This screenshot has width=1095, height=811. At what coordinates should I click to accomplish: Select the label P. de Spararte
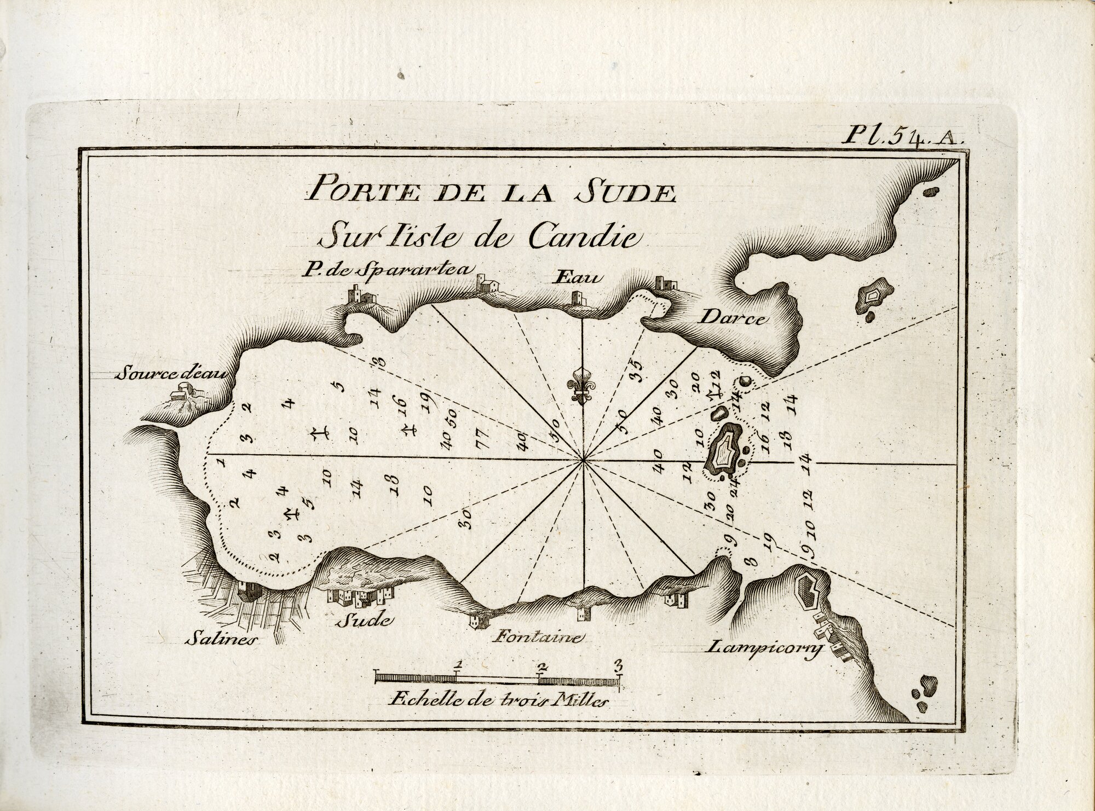(x=365, y=269)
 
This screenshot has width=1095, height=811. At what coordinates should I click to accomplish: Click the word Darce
(x=732, y=319)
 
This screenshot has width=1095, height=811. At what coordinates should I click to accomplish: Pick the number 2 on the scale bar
(x=542, y=667)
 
